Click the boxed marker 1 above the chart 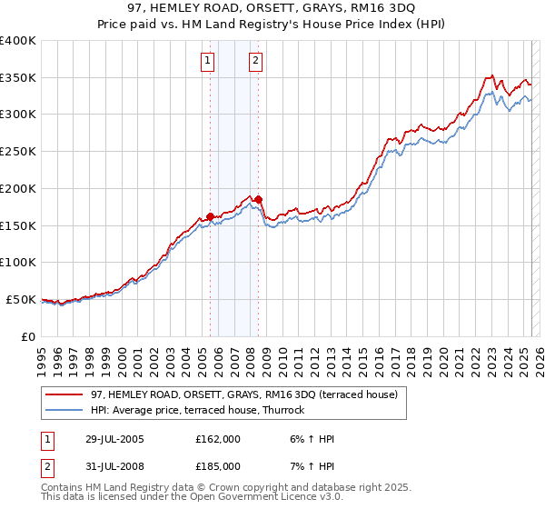click(x=208, y=61)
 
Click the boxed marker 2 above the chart click(x=255, y=61)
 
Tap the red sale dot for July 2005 click(x=211, y=216)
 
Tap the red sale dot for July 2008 click(x=259, y=199)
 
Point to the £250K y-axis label click(x=17, y=152)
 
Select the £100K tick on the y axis click(x=17, y=263)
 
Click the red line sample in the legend click(x=66, y=394)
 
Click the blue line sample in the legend click(x=66, y=410)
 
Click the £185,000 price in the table click(x=218, y=469)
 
